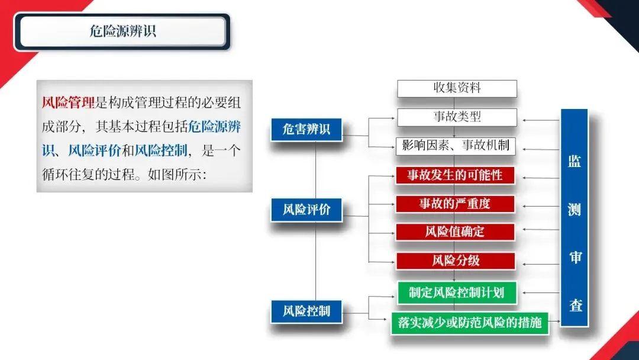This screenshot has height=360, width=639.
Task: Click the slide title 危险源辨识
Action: (x=123, y=31)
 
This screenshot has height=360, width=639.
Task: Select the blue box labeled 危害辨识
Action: (x=306, y=130)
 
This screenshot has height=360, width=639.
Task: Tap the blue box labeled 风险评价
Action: (x=306, y=210)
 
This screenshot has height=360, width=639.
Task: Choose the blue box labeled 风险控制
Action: (x=306, y=311)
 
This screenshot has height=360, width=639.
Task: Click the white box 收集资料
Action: (x=457, y=88)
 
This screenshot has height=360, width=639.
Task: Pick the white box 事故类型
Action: (x=457, y=117)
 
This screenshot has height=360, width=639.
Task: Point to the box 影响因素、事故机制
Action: (x=457, y=146)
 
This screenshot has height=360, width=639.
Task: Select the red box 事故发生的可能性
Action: (x=455, y=175)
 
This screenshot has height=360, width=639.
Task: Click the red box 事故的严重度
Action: (x=455, y=204)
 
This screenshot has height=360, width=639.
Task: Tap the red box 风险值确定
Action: (x=455, y=232)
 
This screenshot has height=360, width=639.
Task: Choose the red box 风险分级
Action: (x=455, y=261)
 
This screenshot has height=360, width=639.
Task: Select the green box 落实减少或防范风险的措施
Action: (x=470, y=323)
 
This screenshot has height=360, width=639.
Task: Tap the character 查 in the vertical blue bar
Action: (x=575, y=306)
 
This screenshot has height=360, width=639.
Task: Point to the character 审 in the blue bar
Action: (x=575, y=258)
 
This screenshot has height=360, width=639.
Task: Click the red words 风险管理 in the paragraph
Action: (x=69, y=102)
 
